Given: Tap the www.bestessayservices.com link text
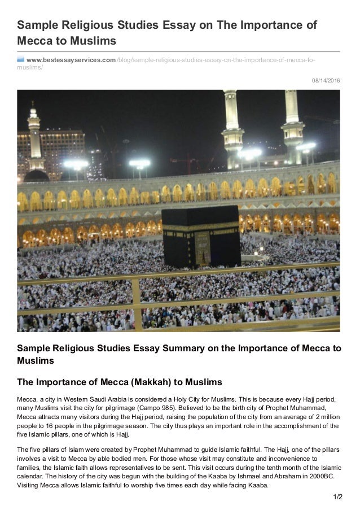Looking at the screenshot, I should coord(71,60).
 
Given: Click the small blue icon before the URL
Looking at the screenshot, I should coord(21,60).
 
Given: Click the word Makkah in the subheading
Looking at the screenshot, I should coord(146,381).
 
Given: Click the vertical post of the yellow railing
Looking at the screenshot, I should coord(137,305).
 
